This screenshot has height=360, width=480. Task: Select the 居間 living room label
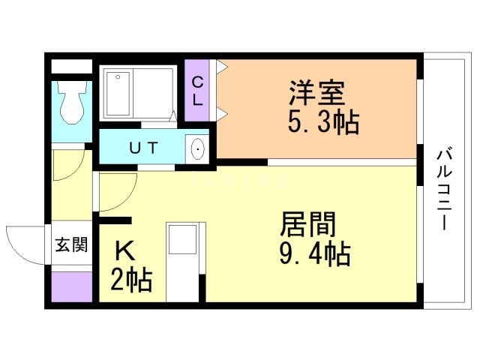(x=307, y=224)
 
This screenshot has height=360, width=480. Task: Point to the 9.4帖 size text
(x=314, y=253)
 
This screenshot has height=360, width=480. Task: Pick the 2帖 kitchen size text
(x=132, y=279)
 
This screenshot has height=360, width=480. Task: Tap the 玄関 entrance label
(x=71, y=244)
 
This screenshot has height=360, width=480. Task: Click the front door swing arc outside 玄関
(x=25, y=240)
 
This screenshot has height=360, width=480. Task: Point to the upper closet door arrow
(x=222, y=67)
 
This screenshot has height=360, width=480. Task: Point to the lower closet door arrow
(x=222, y=115)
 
